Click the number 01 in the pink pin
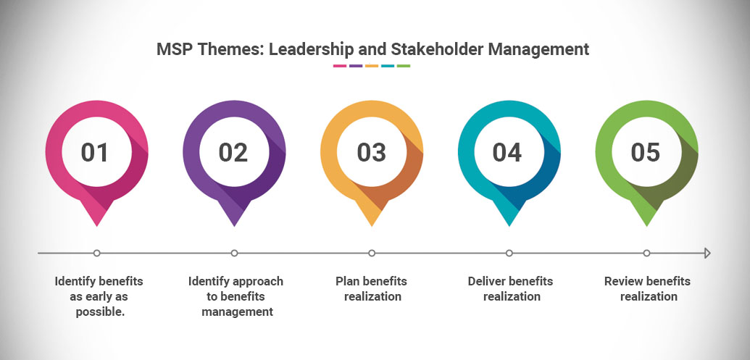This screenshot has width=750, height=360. (x=95, y=152)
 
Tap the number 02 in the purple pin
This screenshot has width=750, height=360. (x=233, y=152)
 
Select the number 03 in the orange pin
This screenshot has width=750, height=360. (x=371, y=152)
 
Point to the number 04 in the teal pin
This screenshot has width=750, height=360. (x=508, y=152)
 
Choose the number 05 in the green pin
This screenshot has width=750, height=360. (x=646, y=152)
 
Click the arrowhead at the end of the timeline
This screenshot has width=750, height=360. (x=708, y=254)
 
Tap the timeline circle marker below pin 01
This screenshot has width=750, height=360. (x=96, y=253)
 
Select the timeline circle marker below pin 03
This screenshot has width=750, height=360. (x=372, y=253)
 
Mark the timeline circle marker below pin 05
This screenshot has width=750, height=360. (x=646, y=253)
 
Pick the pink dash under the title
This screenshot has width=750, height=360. (x=340, y=65)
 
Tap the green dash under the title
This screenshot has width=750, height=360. (x=404, y=65)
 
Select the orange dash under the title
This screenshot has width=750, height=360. (x=372, y=65)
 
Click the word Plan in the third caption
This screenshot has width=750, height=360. (x=346, y=280)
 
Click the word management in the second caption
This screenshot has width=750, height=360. (x=237, y=312)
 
